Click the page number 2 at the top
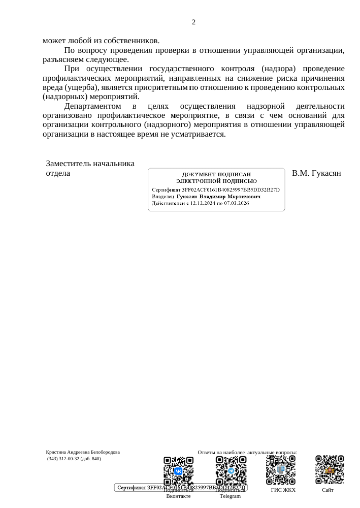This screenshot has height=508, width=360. pyautogui.click(x=193, y=22)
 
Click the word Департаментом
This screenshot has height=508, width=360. pyautogui.click(x=92, y=106)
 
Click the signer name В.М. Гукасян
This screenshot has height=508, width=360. pyautogui.click(x=316, y=173)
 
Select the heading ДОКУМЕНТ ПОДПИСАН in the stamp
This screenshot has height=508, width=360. pyautogui.click(x=216, y=175)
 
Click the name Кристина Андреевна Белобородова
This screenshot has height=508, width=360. pyautogui.click(x=83, y=452)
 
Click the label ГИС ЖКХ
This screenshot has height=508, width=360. pyautogui.click(x=283, y=490)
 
